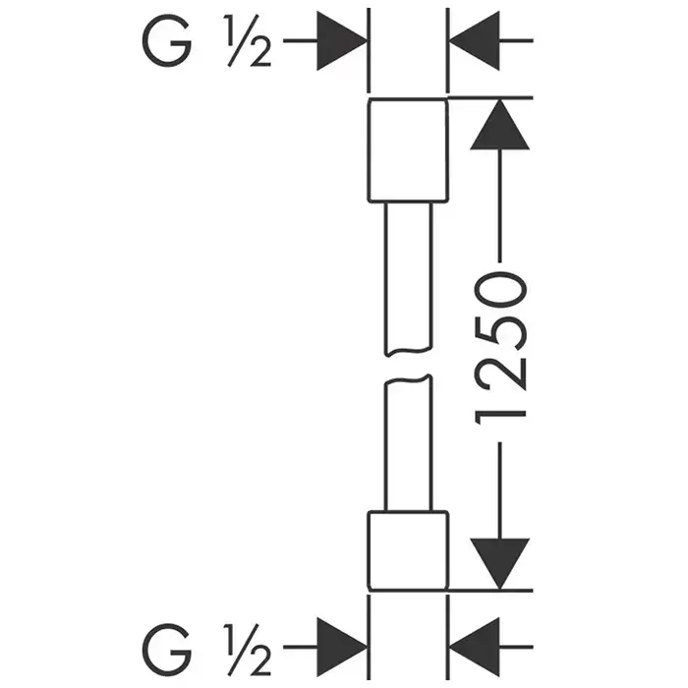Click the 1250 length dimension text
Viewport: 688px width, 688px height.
click(502, 348)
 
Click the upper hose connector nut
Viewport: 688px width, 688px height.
click(407, 149)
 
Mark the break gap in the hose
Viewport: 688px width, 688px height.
click(407, 368)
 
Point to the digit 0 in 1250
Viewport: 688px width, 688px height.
click(502, 292)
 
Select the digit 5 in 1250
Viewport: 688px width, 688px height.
click(502, 330)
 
